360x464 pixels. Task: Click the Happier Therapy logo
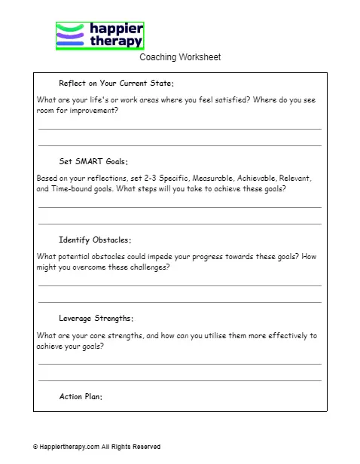coord(99,35)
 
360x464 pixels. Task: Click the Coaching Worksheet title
coord(180,57)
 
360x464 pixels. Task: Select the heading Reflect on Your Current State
coord(116,83)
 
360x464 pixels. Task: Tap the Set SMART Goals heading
coord(93,161)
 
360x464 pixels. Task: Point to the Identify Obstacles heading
coord(95,240)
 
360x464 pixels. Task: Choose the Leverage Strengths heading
coord(96,319)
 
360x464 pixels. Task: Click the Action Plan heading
coord(81,397)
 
